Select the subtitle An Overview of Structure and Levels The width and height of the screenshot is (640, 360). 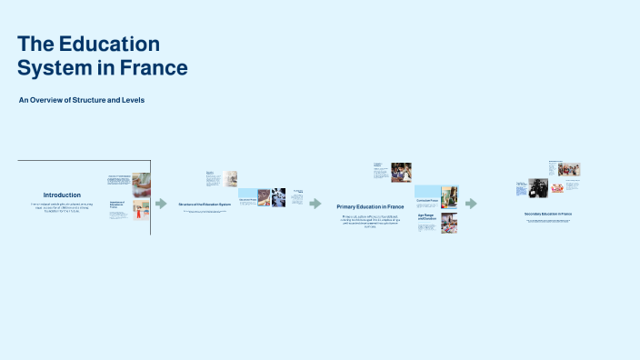point(82,100)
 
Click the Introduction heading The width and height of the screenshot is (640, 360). point(62,195)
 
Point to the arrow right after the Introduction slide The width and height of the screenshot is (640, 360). point(161,204)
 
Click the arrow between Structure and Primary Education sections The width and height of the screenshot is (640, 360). point(315,204)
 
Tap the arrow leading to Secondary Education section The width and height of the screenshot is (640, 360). point(471,204)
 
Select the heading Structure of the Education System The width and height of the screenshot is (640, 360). point(205,205)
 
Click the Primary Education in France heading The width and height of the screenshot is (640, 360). point(370,207)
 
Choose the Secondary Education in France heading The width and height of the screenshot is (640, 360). point(548,214)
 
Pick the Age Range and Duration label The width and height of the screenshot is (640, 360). point(426,217)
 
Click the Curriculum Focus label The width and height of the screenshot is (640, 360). point(427,199)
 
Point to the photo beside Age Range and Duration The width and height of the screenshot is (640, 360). point(449,224)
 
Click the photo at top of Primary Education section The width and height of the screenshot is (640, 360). point(401,172)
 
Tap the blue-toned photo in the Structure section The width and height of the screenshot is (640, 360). point(277,196)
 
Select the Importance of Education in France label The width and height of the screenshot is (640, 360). point(116,205)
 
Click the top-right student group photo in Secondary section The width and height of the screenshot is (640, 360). point(570,170)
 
